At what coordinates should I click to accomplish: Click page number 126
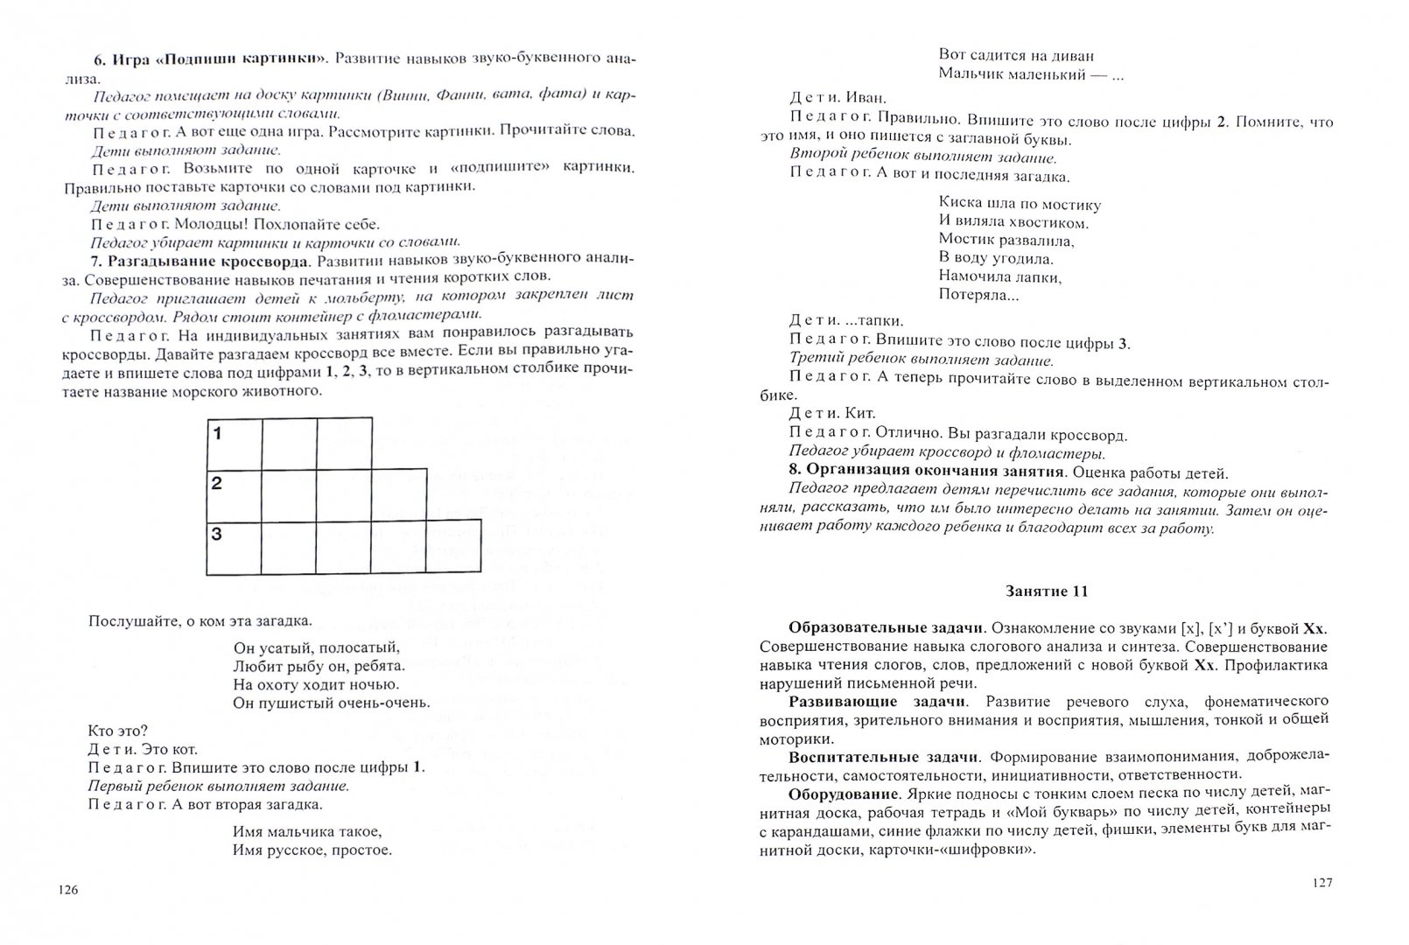pos(68,890)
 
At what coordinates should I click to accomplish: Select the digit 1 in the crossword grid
pos(217,433)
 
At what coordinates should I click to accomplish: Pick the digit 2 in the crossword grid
pos(217,484)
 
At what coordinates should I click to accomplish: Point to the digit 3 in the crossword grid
pos(217,535)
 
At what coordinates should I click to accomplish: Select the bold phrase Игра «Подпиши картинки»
pos(210,58)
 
